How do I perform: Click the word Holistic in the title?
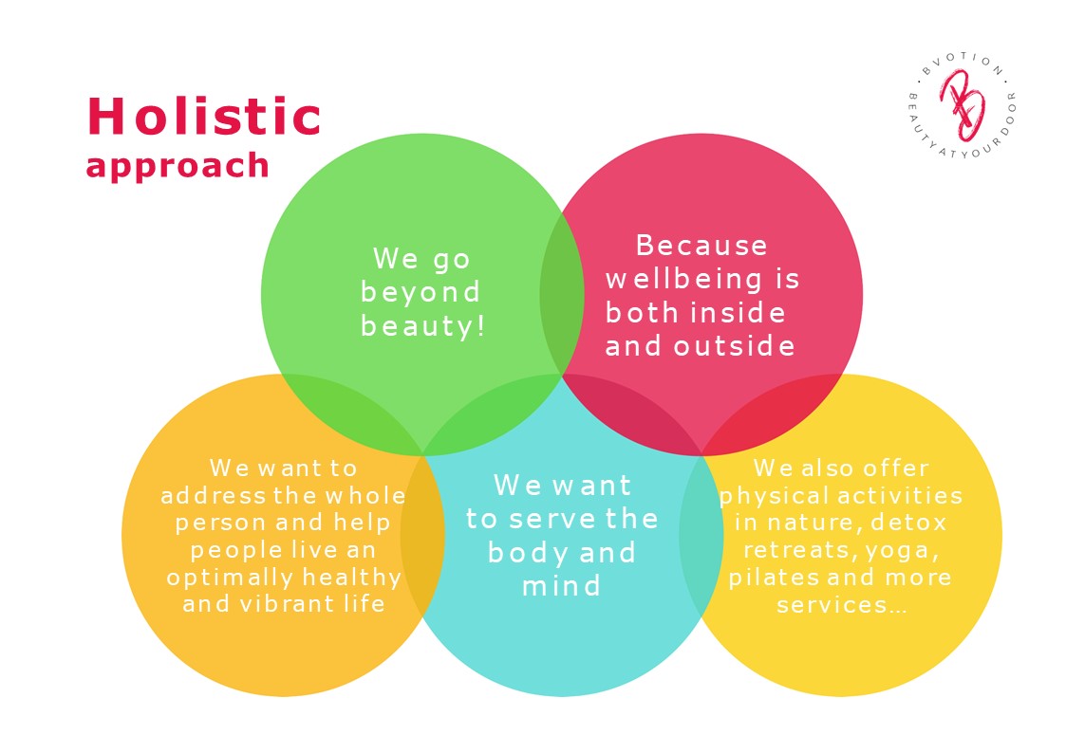pos(204,116)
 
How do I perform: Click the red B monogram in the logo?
pos(962,104)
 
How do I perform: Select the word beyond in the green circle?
pos(421,293)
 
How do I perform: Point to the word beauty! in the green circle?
pos(422,326)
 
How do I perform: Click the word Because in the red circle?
pos(701,245)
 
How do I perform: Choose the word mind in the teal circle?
pos(562,586)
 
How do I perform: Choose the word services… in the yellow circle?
pos(842,605)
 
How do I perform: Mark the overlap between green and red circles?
pos(562,295)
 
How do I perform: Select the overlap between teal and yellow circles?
pos(701,536)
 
